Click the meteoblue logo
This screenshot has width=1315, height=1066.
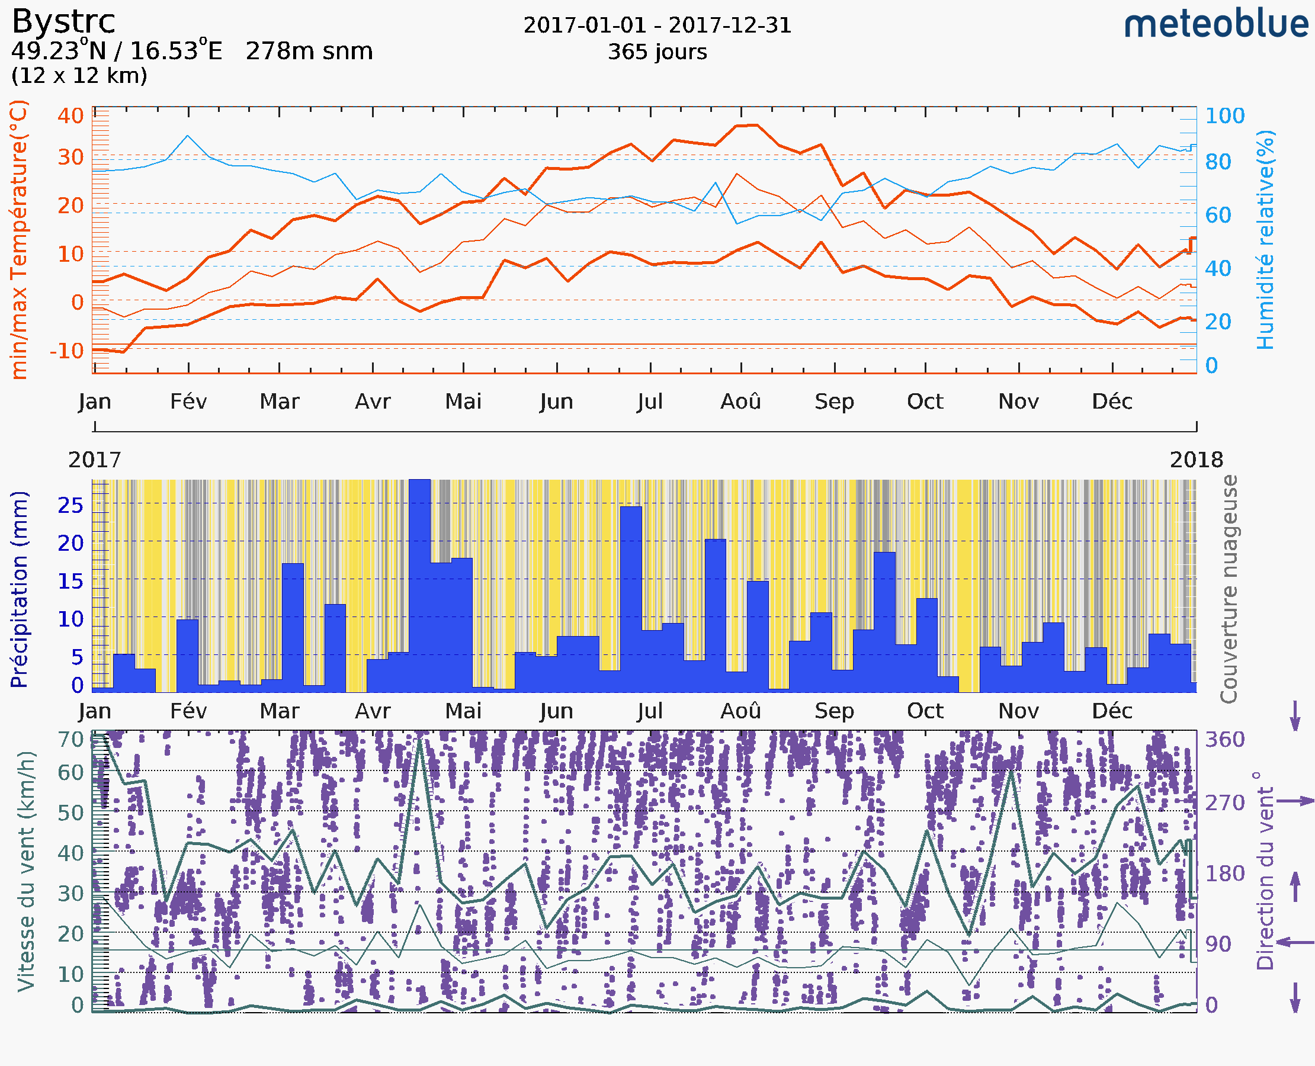pyautogui.click(x=1215, y=24)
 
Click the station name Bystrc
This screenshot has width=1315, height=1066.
pyautogui.click(x=63, y=21)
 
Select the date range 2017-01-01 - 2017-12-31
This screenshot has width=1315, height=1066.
pyautogui.click(x=657, y=25)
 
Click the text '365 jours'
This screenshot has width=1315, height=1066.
pyautogui.click(x=657, y=52)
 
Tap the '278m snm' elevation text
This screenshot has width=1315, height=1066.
pyautogui.click(x=309, y=52)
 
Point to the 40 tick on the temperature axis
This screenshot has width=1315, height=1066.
pyautogui.click(x=70, y=115)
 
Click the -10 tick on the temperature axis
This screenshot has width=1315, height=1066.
pyautogui.click(x=66, y=351)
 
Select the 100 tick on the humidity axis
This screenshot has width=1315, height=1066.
pyautogui.click(x=1224, y=115)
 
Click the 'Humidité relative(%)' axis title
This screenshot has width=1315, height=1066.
pyautogui.click(x=1265, y=239)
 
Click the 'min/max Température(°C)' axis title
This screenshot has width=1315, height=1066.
pyautogui.click(x=20, y=239)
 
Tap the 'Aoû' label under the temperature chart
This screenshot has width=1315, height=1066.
pyautogui.click(x=740, y=402)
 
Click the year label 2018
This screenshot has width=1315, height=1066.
pyautogui.click(x=1196, y=460)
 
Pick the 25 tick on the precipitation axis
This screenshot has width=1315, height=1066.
pyautogui.click(x=70, y=505)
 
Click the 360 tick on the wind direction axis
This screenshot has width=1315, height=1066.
pyautogui.click(x=1224, y=739)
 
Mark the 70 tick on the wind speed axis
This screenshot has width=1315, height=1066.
pyautogui.click(x=70, y=739)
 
